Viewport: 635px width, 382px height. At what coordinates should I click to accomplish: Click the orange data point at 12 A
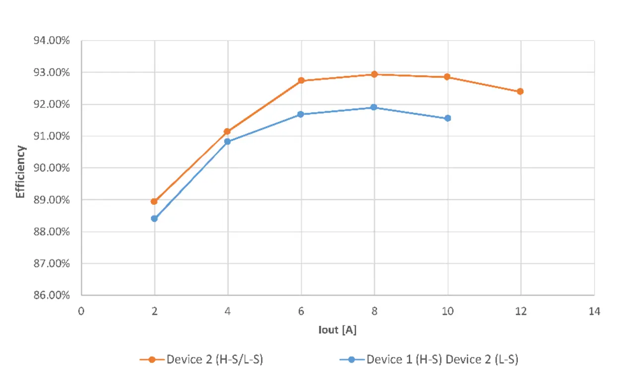click(x=520, y=91)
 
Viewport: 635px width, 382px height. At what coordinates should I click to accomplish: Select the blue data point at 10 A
click(x=447, y=118)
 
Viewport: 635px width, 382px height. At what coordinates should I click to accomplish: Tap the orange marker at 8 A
click(x=375, y=75)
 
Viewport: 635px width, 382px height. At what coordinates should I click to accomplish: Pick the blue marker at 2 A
click(x=154, y=219)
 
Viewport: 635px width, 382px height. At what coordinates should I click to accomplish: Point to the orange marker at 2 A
click(x=154, y=202)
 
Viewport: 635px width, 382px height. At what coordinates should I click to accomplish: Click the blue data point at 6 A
click(x=301, y=114)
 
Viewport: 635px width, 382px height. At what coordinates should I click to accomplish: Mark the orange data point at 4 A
click(x=227, y=132)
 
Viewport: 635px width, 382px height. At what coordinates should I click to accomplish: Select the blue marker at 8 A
click(x=374, y=107)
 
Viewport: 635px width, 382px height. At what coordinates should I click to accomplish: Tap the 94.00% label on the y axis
click(x=51, y=41)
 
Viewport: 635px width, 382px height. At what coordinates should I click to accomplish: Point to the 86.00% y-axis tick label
click(x=51, y=295)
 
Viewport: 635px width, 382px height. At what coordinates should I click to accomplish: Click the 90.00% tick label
click(x=51, y=168)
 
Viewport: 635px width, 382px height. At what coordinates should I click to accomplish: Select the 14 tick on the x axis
click(x=594, y=311)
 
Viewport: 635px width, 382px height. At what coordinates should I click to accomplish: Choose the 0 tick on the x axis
click(x=81, y=311)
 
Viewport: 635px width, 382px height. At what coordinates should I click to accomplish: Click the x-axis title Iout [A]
click(x=337, y=330)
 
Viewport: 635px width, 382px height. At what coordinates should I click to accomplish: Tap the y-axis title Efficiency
click(x=20, y=171)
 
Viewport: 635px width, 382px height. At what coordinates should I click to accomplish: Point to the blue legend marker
click(x=351, y=360)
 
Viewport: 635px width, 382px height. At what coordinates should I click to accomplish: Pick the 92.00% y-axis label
click(x=51, y=104)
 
